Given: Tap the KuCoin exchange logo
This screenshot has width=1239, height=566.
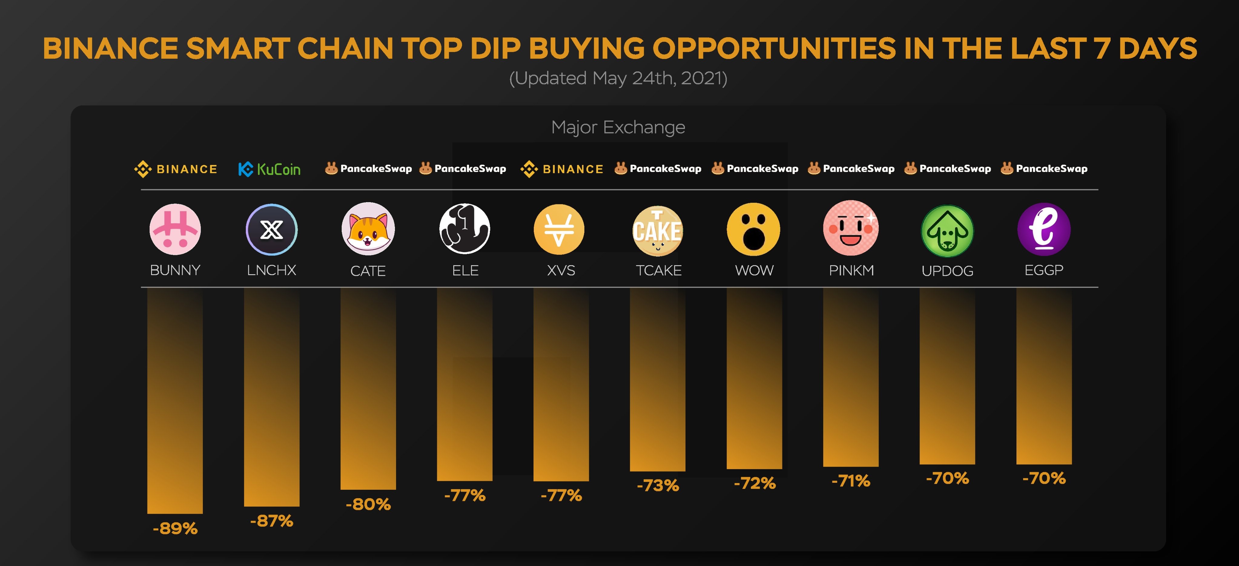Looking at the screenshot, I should pos(269,169).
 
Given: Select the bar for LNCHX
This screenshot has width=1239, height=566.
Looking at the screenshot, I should pos(272,397).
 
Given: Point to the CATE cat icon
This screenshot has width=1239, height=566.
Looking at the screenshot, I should pos(368,229).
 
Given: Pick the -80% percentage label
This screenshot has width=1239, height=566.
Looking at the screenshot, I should pos(368,504).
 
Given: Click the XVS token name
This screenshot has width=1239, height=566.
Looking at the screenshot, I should pos(561,270).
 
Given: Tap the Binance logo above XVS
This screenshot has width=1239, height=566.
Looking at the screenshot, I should pos(562,169).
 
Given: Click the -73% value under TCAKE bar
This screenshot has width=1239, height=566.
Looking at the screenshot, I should pos(657,485).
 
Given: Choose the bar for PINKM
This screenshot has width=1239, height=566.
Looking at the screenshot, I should pos(851,377).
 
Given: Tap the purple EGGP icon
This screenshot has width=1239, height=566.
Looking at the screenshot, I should pos(1044,229).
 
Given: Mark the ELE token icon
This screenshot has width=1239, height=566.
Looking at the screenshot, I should pos(464,229).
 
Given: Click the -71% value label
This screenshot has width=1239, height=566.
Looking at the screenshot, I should pos(851,480).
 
